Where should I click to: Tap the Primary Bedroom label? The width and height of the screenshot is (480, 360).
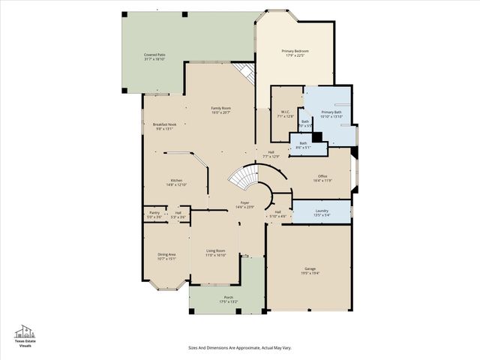pos(295,52)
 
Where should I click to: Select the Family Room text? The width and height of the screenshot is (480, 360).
pos(220,110)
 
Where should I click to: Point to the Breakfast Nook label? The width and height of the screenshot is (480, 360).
pos(164,126)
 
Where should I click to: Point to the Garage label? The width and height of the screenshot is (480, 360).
pos(310,269)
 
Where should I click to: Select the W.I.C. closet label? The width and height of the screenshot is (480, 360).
pos(285,114)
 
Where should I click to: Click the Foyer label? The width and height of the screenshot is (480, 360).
pos(245,204)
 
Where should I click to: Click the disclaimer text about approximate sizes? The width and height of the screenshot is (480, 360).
pos(239,347)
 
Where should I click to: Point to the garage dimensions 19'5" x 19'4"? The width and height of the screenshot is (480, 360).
pos(310,273)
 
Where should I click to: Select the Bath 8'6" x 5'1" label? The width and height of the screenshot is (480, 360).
pos(303,145)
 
